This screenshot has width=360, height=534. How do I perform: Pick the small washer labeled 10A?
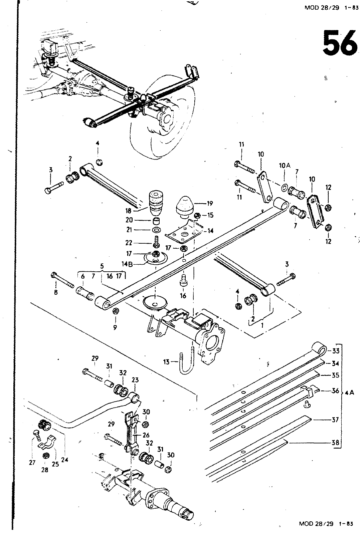(x=284, y=188)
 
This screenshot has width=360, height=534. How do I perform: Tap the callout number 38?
(x=335, y=443)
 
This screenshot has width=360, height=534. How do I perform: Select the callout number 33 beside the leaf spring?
(x=335, y=351)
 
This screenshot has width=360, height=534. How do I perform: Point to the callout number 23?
(x=135, y=380)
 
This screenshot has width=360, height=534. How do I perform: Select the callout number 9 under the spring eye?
(x=115, y=328)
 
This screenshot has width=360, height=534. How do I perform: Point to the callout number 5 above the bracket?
(x=102, y=266)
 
